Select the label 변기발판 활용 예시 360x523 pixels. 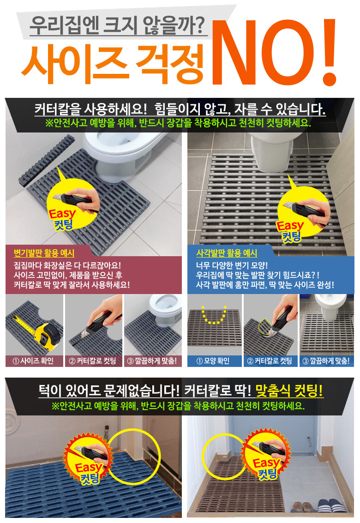44,253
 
